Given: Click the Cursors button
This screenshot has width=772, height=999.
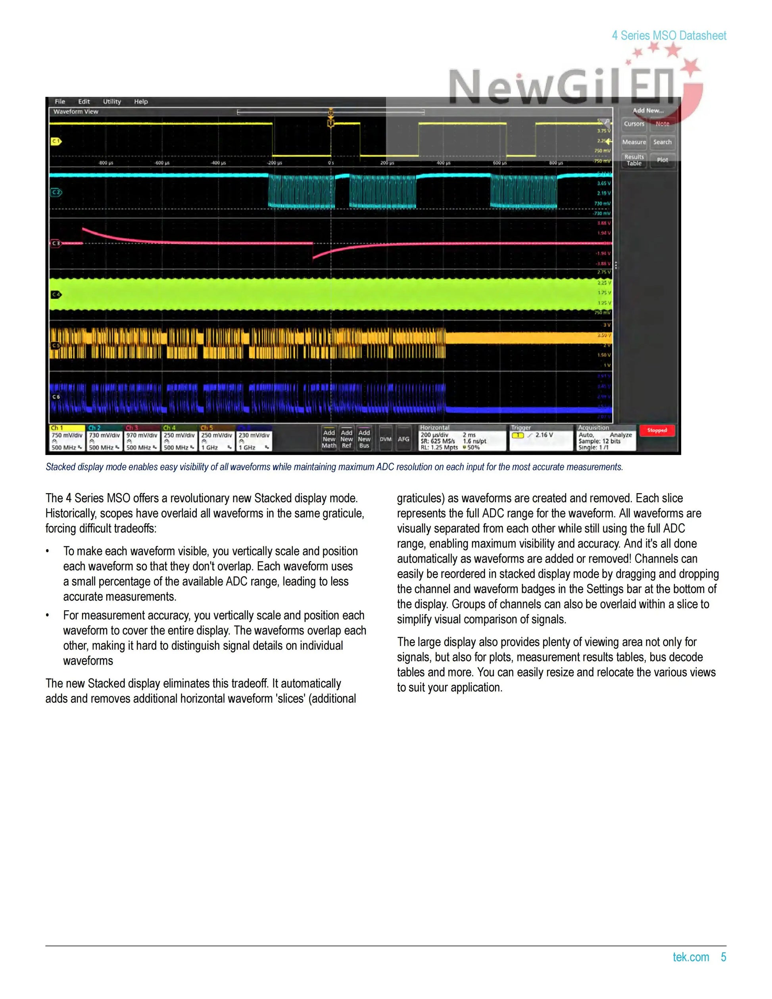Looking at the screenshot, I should coord(634,124).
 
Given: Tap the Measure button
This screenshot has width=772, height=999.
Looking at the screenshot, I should coord(634,142).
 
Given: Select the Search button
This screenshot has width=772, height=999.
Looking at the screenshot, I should coord(662,142).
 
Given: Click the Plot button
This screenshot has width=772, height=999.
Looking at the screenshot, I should coord(662,160).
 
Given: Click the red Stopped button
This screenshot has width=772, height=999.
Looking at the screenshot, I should coord(657,430).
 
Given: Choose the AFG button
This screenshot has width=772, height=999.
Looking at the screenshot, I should coord(403,439).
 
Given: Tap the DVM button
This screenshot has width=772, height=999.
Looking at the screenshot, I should coord(386,439).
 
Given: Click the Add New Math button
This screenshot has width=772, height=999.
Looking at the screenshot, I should coord(329,439).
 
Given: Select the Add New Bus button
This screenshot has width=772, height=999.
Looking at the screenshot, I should coord(364,439).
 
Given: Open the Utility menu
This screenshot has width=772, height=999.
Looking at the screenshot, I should coord(111,102).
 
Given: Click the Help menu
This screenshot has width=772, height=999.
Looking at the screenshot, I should coord(141,102).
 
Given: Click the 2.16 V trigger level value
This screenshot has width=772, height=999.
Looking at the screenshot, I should coord(544,435).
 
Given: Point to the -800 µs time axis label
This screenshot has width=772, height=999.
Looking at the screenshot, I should coord(106,163).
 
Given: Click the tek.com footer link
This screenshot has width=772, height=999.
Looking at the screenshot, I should coord(691,957).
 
